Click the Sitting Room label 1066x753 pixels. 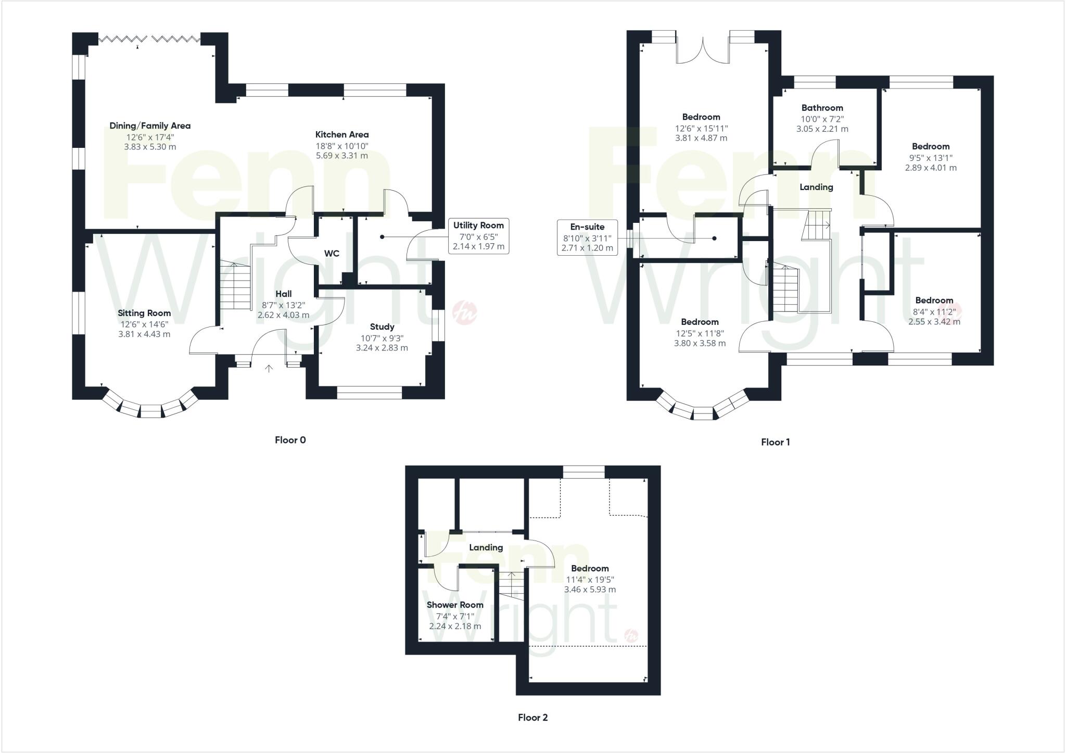144,313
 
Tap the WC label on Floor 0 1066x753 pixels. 332,254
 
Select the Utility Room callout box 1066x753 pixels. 478,236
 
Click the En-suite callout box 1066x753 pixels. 587,237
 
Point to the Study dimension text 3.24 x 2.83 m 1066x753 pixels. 382,348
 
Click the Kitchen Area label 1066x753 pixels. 342,134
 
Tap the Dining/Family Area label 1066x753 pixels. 150,126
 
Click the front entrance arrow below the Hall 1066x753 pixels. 269,369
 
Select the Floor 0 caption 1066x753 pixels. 290,440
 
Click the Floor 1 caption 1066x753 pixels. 775,442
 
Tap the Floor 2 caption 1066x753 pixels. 532,718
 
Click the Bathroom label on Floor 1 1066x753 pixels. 822,108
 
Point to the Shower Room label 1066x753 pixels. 455,605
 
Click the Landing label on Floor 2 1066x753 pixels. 486,548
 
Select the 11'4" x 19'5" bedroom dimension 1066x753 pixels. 590,580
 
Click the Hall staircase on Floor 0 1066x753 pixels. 235,286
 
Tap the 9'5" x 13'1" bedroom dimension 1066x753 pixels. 930,158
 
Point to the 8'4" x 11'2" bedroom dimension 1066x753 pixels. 934,311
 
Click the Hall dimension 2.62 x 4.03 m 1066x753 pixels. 283,315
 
